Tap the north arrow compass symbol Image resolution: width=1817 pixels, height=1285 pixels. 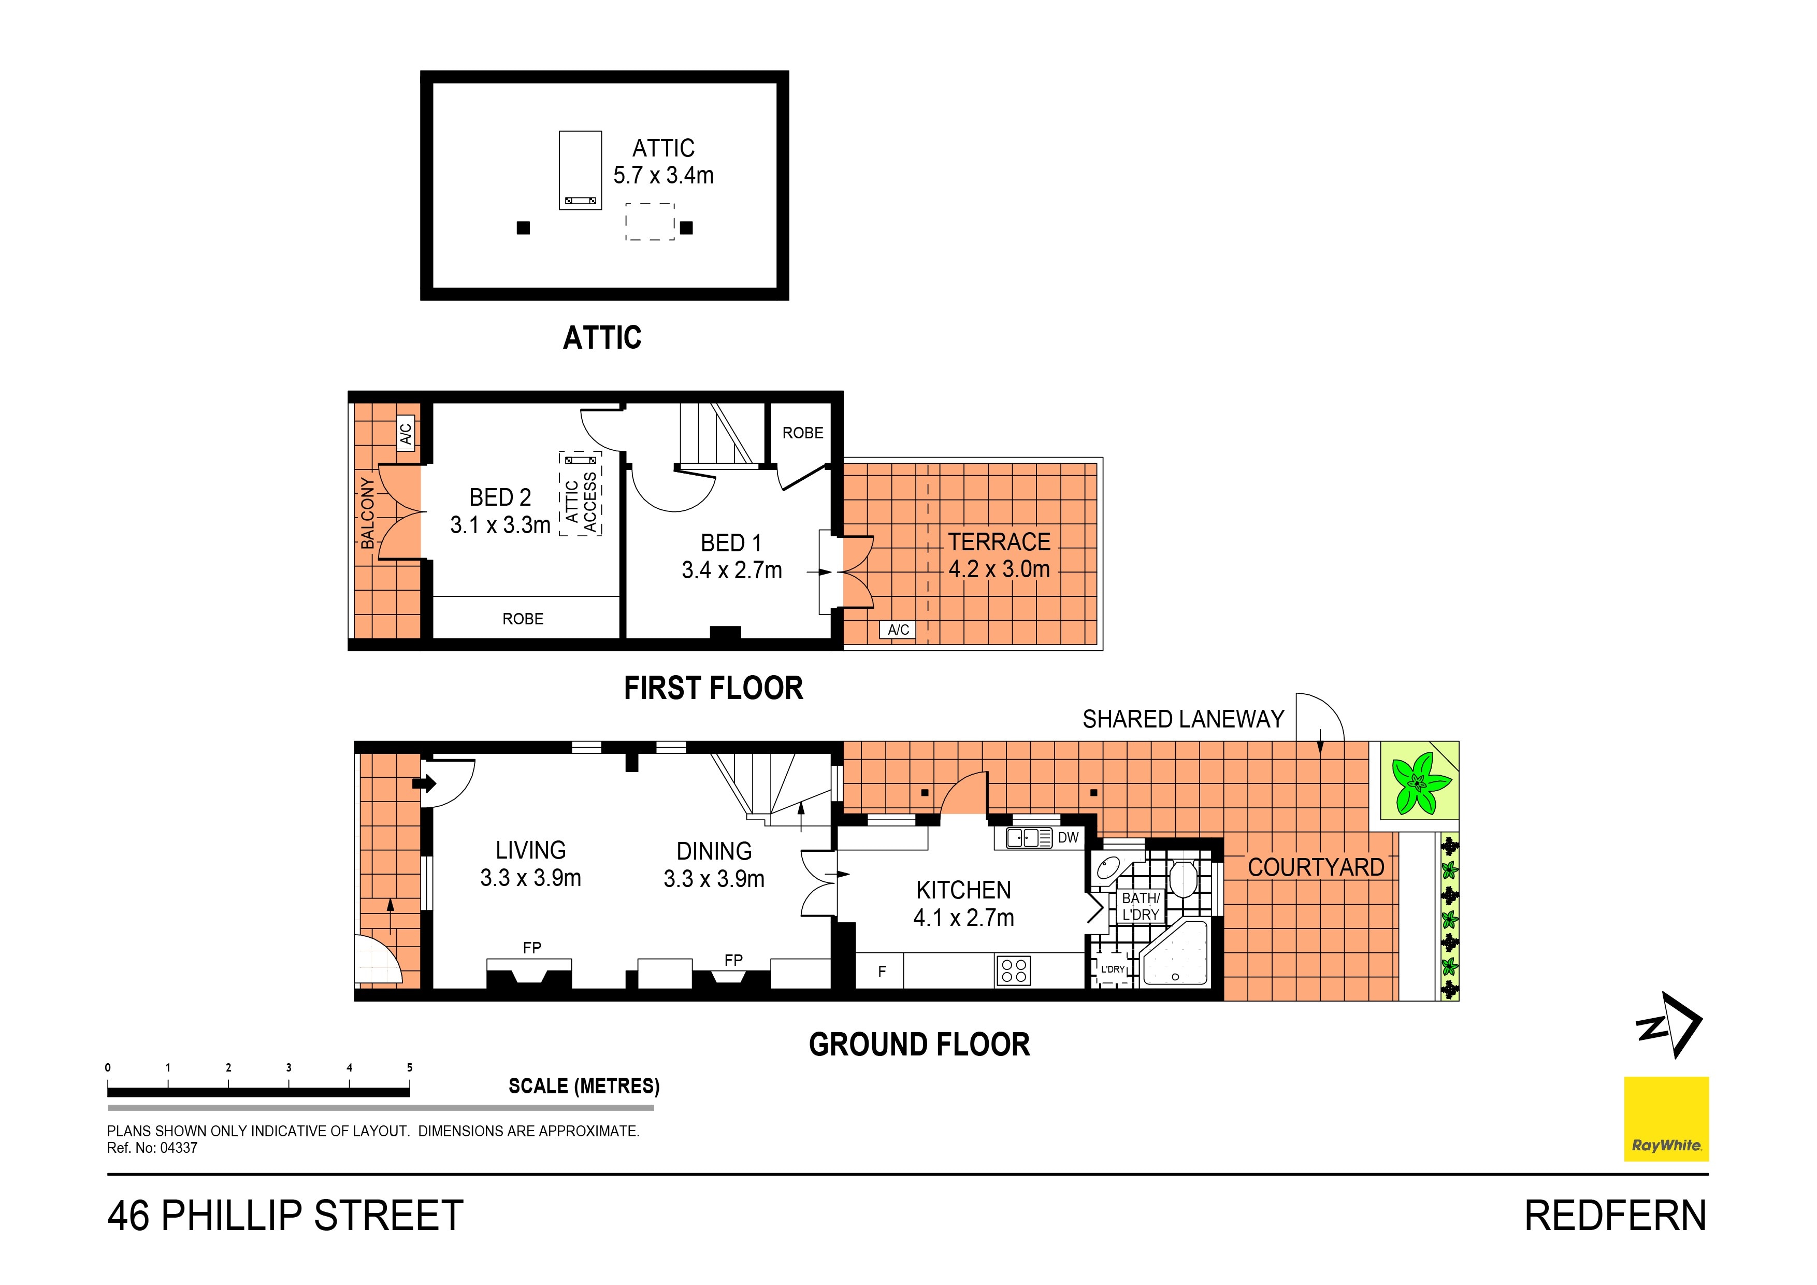pyautogui.click(x=1668, y=1025)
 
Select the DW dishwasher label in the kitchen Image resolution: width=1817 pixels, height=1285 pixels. pyautogui.click(x=1069, y=838)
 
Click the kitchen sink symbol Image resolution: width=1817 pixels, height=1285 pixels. pyautogui.click(x=1029, y=838)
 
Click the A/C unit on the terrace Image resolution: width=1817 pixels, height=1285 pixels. pyautogui.click(x=898, y=630)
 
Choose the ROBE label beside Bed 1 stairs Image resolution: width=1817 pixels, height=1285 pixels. pyautogui.click(x=802, y=433)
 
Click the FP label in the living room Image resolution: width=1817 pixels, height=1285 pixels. pyautogui.click(x=532, y=947)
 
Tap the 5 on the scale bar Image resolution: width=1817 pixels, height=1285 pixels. pyautogui.click(x=409, y=1067)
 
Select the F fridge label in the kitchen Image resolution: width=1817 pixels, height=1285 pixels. pyautogui.click(x=883, y=972)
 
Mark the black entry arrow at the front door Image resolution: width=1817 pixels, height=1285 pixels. pyautogui.click(x=425, y=784)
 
